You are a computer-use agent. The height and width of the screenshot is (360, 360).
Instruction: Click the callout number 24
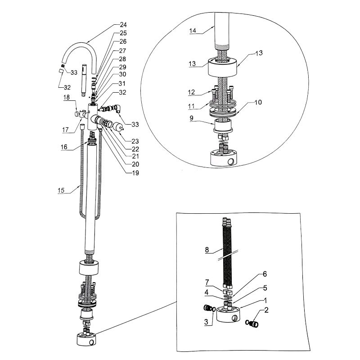point(123,25)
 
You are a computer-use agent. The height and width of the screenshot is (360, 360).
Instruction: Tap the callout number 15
point(61,191)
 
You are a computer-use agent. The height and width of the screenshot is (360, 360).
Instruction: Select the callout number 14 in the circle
point(193,31)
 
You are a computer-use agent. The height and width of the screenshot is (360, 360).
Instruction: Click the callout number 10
point(258,103)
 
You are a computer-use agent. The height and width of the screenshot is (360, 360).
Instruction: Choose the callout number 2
point(266,310)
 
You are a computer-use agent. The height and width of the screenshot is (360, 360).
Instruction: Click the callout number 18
point(66,97)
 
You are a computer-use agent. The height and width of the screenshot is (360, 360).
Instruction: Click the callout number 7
point(208,282)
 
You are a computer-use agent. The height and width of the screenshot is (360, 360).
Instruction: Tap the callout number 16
point(64,147)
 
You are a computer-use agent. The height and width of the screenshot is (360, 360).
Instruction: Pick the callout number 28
point(123,59)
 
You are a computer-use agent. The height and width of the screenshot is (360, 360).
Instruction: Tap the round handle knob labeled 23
point(119,127)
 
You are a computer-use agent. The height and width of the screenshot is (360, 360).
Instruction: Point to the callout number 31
point(123,83)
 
